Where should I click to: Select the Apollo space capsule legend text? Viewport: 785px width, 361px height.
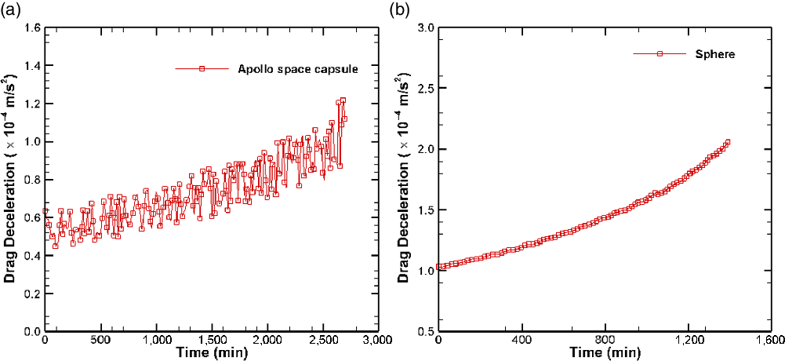[x=298, y=68]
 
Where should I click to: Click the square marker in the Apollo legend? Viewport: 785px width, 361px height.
[x=202, y=68]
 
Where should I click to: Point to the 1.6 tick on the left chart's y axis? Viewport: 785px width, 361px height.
[x=31, y=27]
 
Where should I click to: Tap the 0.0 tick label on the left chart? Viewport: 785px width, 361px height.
[x=31, y=332]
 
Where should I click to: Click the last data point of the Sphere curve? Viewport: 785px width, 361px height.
[x=728, y=142]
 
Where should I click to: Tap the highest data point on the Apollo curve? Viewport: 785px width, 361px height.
[x=343, y=100]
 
